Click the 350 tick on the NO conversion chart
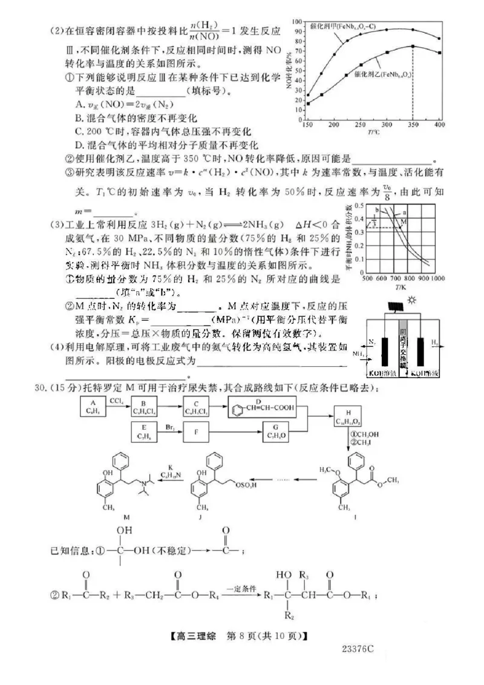[413, 123]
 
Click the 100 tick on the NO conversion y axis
[297, 21]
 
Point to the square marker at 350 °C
[413, 47]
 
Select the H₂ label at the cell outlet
[436, 342]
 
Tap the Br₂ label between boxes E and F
[170, 427]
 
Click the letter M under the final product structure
[126, 519]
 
